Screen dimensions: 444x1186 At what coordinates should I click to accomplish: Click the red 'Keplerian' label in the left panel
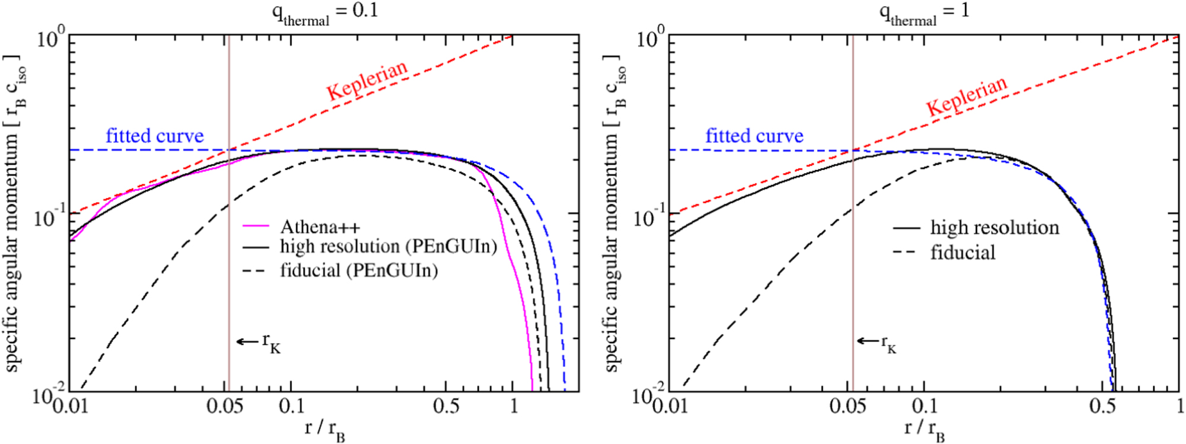coord(367,80)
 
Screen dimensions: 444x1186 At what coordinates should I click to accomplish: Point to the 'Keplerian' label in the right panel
coord(967,96)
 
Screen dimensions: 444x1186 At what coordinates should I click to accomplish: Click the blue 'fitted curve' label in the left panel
coord(155,136)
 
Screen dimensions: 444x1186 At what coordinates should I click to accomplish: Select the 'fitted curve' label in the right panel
coord(754,136)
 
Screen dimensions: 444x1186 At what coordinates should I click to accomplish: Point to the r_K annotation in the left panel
coord(259,342)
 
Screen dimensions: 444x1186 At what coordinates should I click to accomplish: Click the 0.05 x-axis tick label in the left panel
coord(225,407)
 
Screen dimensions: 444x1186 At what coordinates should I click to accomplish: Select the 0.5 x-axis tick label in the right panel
coord(1102,407)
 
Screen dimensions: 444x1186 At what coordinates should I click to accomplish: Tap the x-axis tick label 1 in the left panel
coord(514,407)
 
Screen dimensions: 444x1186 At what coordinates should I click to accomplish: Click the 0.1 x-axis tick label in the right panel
coord(924,407)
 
